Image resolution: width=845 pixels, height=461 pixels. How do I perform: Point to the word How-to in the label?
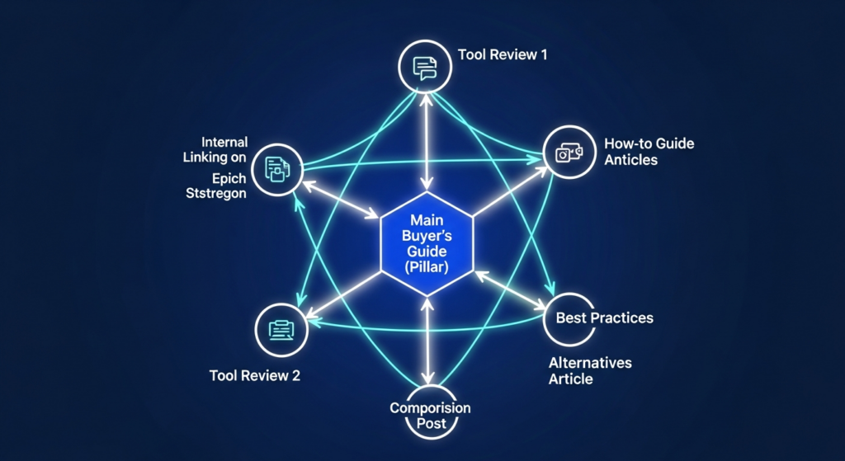tap(628, 143)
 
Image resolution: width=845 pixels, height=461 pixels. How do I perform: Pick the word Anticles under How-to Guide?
tap(630, 160)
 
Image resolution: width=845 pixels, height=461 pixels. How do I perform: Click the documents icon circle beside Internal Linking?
tap(276, 169)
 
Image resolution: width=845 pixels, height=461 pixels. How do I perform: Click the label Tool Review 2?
tap(255, 376)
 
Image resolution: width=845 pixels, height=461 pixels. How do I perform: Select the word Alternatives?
tap(590, 363)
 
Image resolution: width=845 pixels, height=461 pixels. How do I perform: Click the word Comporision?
tap(430, 409)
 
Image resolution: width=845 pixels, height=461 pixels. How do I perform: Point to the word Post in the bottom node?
tap(429, 424)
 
